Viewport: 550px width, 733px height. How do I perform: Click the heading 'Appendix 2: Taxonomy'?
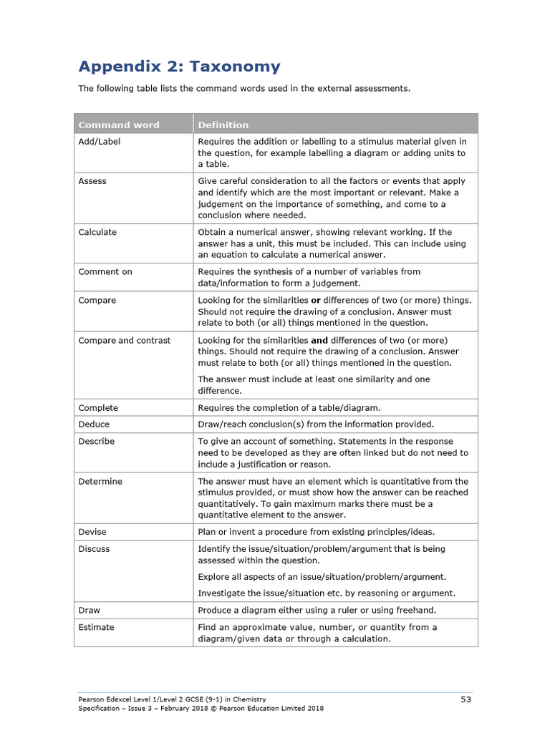point(179,67)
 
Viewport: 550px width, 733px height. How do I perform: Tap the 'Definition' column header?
point(223,125)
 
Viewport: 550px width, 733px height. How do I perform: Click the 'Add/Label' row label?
point(99,142)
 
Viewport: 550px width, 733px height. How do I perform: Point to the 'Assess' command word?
point(92,181)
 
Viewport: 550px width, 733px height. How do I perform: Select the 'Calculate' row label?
point(97,232)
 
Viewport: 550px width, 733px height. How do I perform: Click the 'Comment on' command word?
point(105,272)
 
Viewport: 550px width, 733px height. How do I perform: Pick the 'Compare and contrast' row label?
point(125,341)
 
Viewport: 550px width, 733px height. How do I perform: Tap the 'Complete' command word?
point(98,408)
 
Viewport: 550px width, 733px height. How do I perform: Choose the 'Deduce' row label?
point(95,424)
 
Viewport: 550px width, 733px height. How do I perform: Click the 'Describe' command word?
point(97,442)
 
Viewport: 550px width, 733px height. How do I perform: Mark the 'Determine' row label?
point(100,482)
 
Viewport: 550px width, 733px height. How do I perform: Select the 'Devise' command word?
point(92,532)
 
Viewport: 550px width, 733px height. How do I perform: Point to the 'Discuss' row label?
point(94,549)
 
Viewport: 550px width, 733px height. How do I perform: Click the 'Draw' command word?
point(90,611)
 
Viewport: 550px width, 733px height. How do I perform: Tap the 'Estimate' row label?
point(96,628)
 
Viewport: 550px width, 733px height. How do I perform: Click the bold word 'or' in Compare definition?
point(315,301)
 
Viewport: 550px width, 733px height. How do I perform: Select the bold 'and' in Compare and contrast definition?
point(319,341)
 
